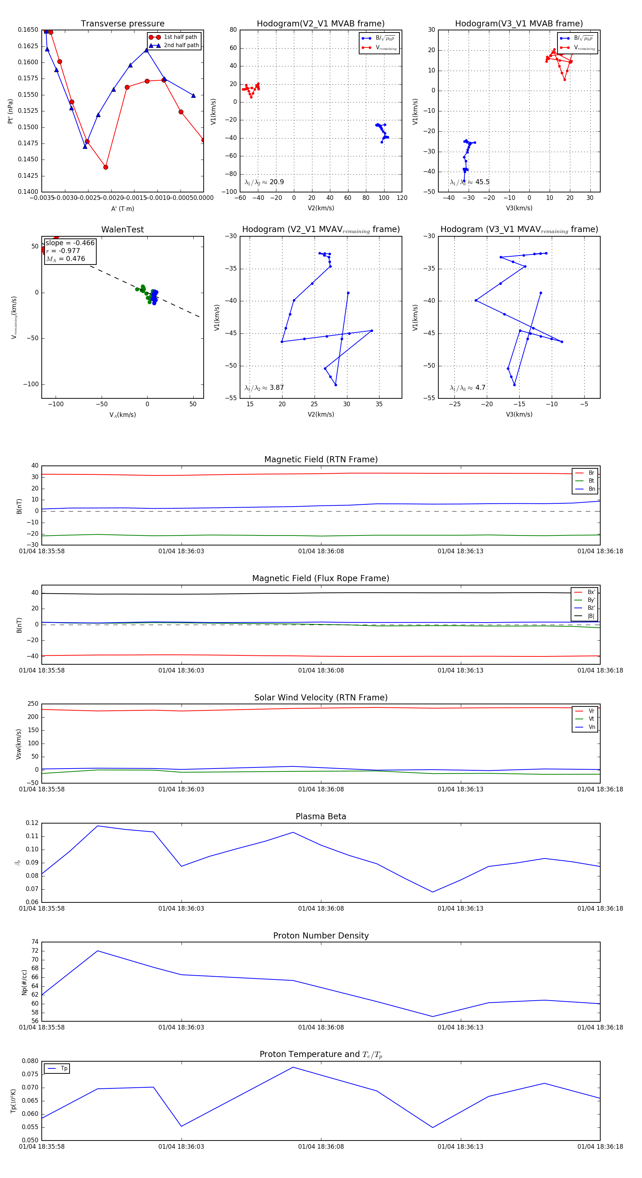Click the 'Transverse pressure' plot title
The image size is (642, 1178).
point(122,24)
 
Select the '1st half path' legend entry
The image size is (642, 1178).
point(180,37)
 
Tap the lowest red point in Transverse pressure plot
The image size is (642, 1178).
point(106,167)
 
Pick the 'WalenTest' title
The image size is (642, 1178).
point(122,230)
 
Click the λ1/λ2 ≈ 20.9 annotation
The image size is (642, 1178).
point(264,182)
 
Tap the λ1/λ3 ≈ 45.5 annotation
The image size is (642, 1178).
point(470,182)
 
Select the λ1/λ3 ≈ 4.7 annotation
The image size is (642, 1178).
point(468,388)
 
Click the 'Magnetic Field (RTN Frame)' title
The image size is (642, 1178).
point(321,459)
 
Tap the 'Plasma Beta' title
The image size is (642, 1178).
point(321,817)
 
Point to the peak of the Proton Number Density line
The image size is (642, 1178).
point(97,951)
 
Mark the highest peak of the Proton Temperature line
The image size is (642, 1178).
point(293,1067)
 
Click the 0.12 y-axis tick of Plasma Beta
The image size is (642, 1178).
point(32,823)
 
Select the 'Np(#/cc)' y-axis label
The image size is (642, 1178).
point(24,982)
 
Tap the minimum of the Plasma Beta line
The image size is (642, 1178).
point(432,892)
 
